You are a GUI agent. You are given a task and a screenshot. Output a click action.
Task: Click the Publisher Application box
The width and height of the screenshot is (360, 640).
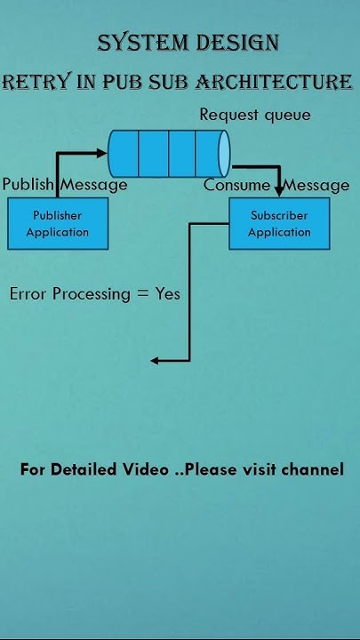[x=58, y=223]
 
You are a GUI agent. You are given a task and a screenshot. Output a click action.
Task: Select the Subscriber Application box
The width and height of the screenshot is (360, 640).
[x=279, y=223]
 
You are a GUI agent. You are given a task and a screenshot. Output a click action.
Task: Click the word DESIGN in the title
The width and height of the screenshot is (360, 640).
[x=236, y=43]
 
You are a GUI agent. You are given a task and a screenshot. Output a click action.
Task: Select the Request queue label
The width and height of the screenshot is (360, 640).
[x=254, y=115]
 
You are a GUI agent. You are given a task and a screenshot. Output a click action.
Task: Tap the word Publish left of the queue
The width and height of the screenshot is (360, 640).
[x=28, y=185]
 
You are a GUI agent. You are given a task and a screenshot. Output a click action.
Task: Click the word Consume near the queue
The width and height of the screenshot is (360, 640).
[x=236, y=185]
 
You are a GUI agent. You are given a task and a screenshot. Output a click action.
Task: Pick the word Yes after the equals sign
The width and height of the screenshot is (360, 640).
[x=168, y=293]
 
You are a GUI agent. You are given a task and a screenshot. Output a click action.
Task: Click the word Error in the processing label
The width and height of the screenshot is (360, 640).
[x=28, y=293]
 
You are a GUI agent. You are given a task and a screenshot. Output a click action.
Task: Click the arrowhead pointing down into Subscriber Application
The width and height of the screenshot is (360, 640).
[x=279, y=191]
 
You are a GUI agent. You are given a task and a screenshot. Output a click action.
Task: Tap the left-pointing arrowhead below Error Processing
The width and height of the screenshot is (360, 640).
[x=156, y=360]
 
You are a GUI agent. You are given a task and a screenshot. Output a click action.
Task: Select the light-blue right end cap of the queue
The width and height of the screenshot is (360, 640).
[x=224, y=153]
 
